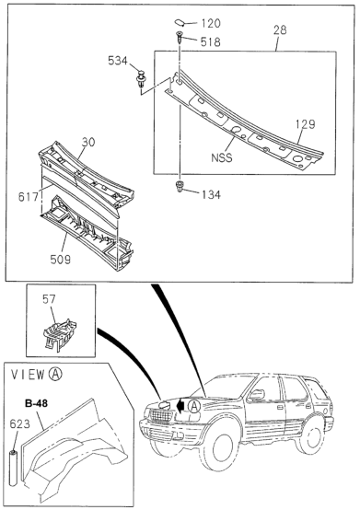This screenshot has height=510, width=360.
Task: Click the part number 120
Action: click(x=211, y=23)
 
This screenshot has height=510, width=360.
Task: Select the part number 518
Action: click(x=211, y=41)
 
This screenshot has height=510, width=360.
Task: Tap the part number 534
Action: click(x=118, y=61)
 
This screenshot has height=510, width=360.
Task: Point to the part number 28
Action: click(x=280, y=30)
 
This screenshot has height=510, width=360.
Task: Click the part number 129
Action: click(x=306, y=124)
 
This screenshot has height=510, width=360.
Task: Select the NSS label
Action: click(x=222, y=157)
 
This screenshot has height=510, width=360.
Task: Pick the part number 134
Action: click(x=211, y=195)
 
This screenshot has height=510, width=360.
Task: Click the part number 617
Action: click(x=29, y=197)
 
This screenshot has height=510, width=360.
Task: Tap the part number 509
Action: click(x=61, y=260)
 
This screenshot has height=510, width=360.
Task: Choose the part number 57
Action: click(x=49, y=299)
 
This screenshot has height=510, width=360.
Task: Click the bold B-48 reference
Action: click(x=36, y=403)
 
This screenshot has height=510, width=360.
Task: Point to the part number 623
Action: click(x=19, y=424)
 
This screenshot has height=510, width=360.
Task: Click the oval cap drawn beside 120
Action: click(x=180, y=22)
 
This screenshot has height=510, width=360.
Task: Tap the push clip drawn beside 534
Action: click(x=140, y=79)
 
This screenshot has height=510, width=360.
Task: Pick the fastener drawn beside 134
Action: click(x=180, y=186)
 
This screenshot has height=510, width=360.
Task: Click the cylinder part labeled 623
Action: click(x=13, y=469)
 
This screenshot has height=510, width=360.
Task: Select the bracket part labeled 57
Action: click(x=60, y=334)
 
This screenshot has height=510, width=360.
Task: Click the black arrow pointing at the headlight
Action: click(x=180, y=406)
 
